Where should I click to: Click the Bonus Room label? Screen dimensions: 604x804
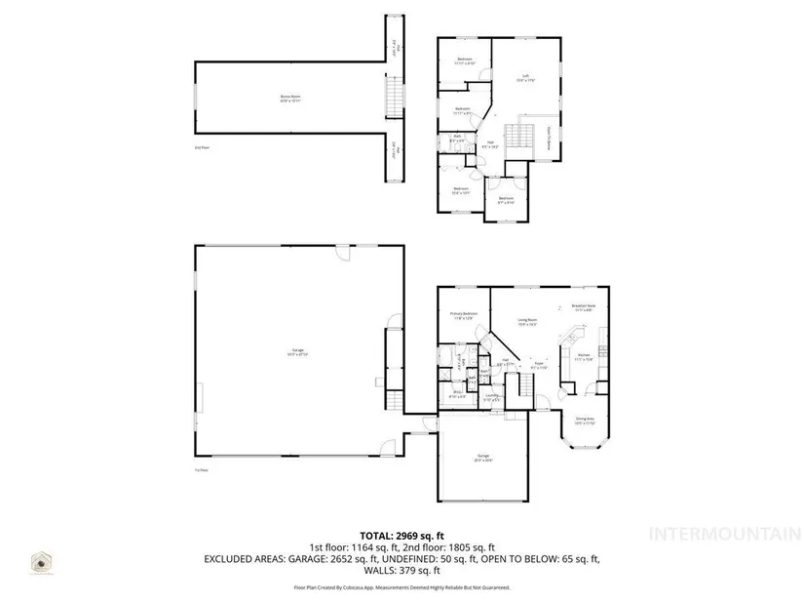288,99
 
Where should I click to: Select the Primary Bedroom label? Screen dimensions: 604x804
461,316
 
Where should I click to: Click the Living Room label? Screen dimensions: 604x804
527,322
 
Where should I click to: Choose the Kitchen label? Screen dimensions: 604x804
583,357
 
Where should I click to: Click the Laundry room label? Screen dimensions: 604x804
479,397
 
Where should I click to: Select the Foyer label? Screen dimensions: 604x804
538,366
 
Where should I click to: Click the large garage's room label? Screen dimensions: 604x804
296,352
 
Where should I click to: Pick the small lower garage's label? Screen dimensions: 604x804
483,458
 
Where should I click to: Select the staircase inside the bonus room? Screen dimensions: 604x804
394,99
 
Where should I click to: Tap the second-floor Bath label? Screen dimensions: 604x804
456,139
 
